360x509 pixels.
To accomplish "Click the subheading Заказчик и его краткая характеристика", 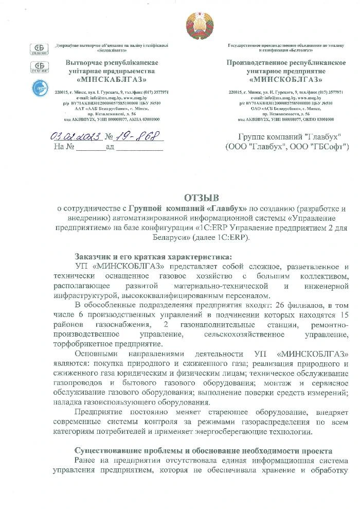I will click(x=153, y=256).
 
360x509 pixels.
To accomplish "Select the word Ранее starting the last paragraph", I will click(x=85, y=460).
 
